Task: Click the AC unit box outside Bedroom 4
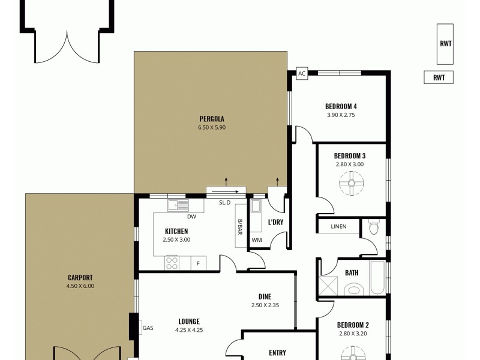(302, 74)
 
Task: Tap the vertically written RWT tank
(445, 44)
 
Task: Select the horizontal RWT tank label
(439, 77)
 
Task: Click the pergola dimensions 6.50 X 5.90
(211, 127)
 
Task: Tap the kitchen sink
(178, 205)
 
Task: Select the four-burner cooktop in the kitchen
(172, 262)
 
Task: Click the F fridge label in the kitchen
(199, 263)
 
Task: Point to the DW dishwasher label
(191, 217)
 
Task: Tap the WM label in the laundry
(257, 241)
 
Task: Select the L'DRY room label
(275, 223)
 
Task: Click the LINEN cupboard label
(339, 227)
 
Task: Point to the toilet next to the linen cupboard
(374, 227)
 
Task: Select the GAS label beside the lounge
(148, 328)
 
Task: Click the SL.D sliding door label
(224, 203)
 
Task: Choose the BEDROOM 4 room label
(341, 107)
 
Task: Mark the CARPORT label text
(80, 277)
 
